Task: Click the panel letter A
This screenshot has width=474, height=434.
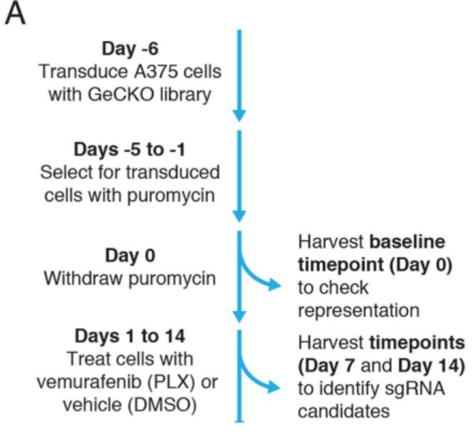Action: click(x=15, y=14)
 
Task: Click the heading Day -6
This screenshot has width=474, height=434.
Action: click(x=130, y=49)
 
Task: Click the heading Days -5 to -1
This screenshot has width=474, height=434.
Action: click(x=130, y=150)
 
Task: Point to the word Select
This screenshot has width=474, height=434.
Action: click(x=61, y=173)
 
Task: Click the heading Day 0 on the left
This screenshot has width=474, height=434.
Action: click(x=130, y=256)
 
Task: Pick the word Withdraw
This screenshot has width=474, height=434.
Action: click(x=83, y=278)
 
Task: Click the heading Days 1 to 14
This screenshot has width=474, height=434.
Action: click(x=130, y=336)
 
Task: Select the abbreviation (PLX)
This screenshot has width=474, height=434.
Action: click(x=171, y=382)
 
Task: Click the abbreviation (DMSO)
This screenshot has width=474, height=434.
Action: click(x=163, y=405)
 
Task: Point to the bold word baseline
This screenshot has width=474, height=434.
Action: click(x=407, y=241)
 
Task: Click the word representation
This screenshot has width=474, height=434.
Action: click(x=359, y=310)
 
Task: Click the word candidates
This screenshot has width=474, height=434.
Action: click(x=344, y=412)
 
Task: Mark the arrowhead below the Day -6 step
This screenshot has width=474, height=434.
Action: click(x=240, y=116)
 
